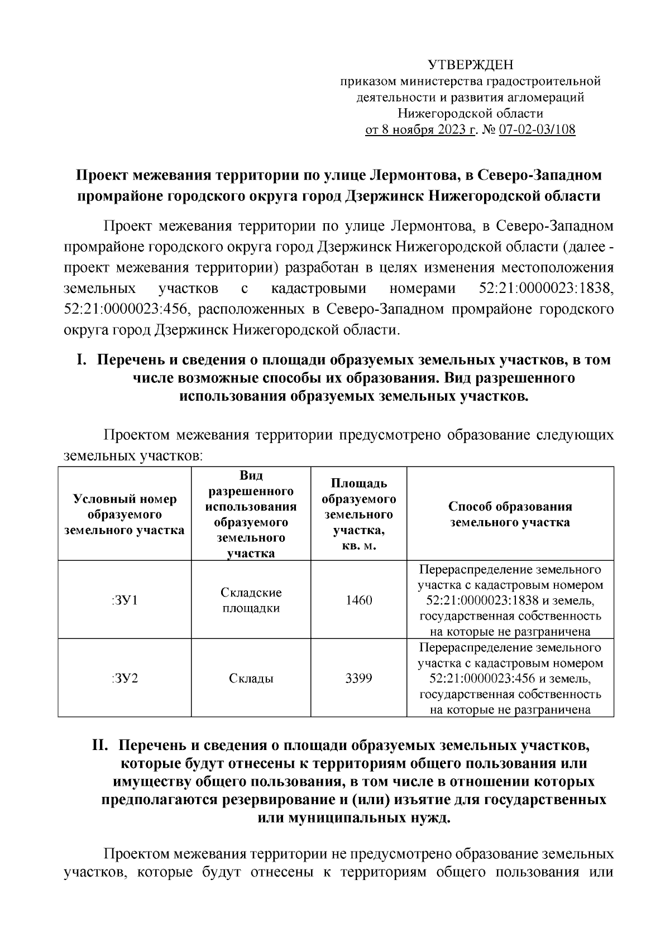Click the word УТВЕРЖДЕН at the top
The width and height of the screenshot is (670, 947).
pyautogui.click(x=470, y=65)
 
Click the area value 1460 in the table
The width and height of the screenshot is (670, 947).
pyautogui.click(x=358, y=600)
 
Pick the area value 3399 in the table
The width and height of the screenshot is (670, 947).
pyautogui.click(x=358, y=679)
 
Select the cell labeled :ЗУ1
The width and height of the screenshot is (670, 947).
pyautogui.click(x=125, y=600)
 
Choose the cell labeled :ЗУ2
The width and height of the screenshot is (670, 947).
pyautogui.click(x=125, y=679)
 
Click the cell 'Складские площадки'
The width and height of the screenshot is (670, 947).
pyautogui.click(x=251, y=600)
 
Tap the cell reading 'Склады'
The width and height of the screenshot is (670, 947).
pyautogui.click(x=251, y=679)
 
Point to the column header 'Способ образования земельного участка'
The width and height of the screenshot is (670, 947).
pyautogui.click(x=510, y=515)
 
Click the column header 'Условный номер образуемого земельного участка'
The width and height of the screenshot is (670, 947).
pyautogui.click(x=125, y=515)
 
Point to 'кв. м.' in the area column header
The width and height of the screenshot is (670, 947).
pyautogui.click(x=358, y=545)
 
